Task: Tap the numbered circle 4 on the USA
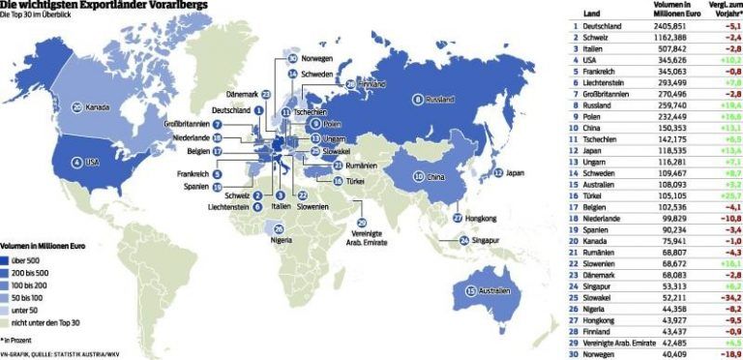point(77,162)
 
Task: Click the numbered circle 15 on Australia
point(470,291)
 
